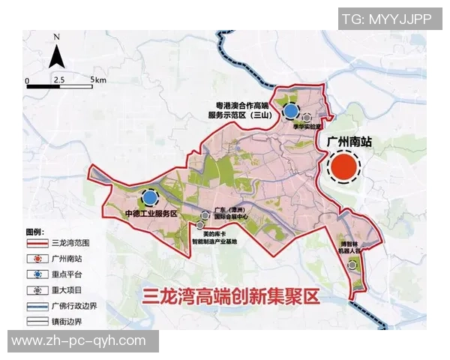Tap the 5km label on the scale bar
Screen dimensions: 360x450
pyautogui.click(x=98, y=79)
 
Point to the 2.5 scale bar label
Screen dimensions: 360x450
pyautogui.click(x=58, y=79)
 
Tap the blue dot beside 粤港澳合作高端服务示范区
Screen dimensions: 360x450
pyautogui.click(x=290, y=112)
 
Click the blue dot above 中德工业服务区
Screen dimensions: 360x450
pyautogui.click(x=150, y=197)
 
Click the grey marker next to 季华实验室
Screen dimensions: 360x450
pyautogui.click(x=306, y=118)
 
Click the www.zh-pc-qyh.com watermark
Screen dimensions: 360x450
pyautogui.click(x=79, y=341)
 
